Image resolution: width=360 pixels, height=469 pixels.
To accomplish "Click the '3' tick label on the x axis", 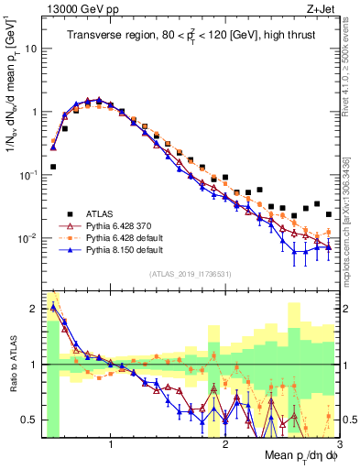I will (339, 445).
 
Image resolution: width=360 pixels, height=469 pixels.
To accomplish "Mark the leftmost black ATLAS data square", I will (53, 167).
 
